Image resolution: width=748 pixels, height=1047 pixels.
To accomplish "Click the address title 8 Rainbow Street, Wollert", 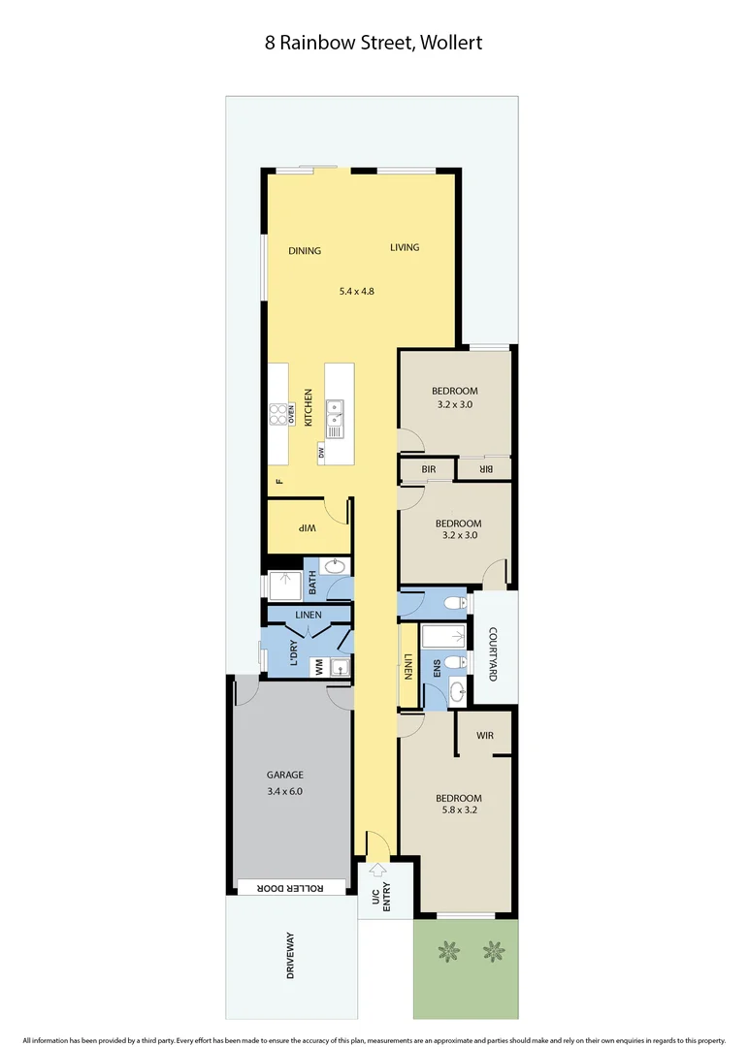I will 374,43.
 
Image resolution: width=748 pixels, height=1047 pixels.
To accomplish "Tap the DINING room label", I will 305,251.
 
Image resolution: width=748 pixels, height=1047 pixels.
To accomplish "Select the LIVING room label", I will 405,247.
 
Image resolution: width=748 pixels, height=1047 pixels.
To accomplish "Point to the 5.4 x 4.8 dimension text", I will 357,290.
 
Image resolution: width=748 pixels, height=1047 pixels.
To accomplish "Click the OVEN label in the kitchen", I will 290,414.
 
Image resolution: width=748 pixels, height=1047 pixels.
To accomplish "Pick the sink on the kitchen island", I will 335,419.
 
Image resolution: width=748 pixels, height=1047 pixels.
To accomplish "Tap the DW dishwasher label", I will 320,453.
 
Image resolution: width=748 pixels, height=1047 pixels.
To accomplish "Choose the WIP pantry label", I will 307,527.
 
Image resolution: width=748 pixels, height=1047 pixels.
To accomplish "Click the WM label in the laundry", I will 317,666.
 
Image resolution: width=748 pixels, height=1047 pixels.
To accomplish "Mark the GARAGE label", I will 285,775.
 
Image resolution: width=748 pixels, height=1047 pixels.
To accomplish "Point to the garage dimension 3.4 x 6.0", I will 285,791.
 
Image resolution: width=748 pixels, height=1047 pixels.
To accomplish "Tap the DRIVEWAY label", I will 290,956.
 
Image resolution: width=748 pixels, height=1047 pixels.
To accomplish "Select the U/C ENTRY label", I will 380,900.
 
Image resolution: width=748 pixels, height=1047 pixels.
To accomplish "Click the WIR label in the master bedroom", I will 485,736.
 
